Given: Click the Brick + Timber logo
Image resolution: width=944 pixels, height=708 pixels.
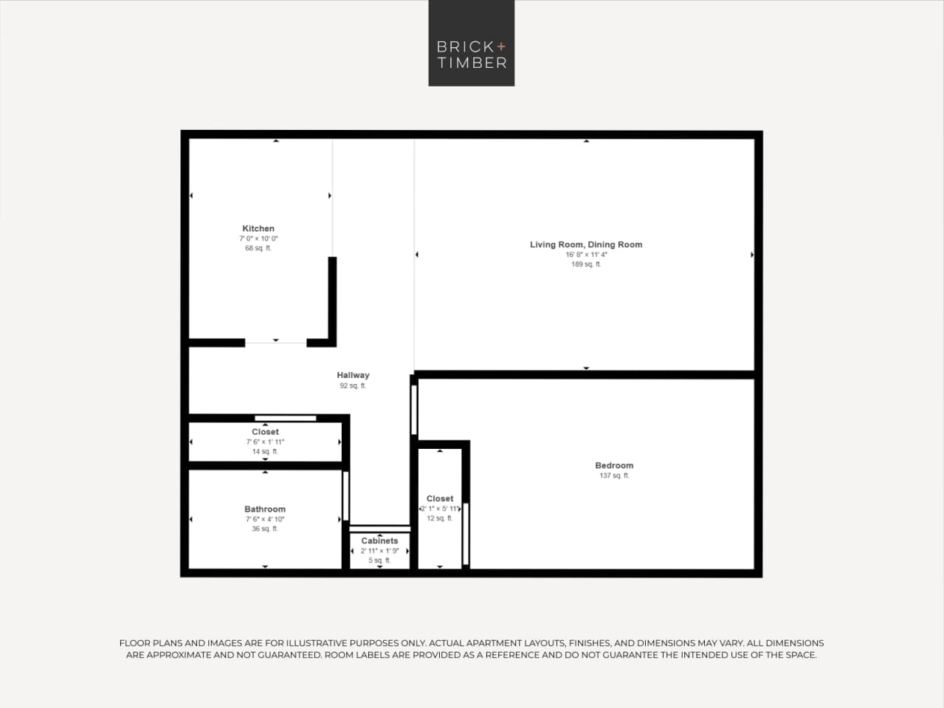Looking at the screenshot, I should point(471,43).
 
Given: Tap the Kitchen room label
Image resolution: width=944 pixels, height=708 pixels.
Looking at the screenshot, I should point(258,229).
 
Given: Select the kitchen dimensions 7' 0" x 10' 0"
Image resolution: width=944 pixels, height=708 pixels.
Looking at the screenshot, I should point(258,239).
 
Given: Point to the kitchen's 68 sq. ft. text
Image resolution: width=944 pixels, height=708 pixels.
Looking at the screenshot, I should point(258,249).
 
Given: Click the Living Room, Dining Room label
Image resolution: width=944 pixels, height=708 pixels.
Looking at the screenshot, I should point(586,244).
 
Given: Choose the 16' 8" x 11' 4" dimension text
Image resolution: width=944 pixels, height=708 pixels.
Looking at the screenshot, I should point(586,255).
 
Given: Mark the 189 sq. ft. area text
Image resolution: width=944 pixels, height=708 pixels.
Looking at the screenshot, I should point(586,264).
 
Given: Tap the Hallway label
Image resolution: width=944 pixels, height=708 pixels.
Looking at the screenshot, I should point(353,375).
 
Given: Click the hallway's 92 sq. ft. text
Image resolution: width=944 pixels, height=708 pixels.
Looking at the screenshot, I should point(353,386).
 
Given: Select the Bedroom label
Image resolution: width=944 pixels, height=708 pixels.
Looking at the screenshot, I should point(614,465).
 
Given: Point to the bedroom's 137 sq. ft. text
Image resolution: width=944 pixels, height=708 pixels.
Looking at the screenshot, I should point(614,476).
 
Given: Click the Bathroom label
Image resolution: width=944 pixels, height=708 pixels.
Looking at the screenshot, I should point(265,509).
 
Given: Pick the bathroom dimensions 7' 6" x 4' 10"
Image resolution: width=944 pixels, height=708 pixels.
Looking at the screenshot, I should point(265,520).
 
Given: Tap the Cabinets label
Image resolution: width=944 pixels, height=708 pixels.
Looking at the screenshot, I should point(379,541).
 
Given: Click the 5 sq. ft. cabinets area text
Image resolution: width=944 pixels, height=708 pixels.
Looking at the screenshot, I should point(379,561).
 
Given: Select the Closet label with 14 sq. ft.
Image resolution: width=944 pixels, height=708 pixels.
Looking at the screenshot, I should point(265,432).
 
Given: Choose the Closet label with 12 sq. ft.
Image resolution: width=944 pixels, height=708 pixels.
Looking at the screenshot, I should point(440,499).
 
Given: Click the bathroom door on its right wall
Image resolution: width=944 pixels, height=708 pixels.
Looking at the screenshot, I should point(345,495).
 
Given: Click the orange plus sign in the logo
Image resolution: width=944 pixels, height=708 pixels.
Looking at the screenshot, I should point(502,47).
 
